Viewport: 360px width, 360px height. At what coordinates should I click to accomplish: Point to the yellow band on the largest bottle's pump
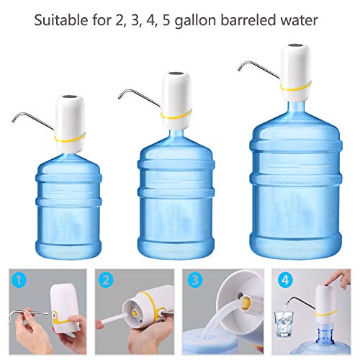click(288, 89)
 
